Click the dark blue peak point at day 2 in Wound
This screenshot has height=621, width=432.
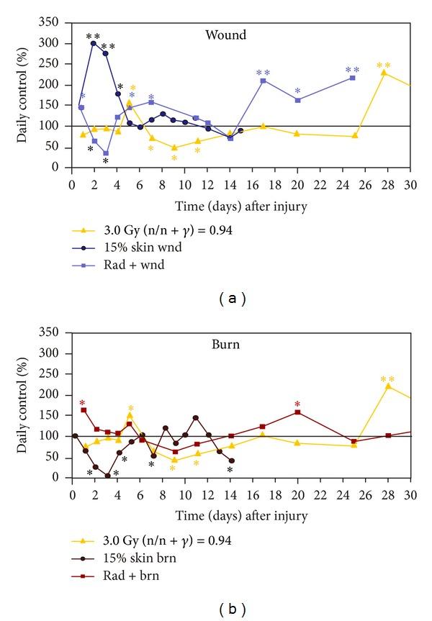pyautogui.click(x=94, y=43)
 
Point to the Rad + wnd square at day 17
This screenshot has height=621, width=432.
pyautogui.click(x=264, y=81)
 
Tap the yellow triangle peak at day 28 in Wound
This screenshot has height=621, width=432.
pyautogui.click(x=384, y=72)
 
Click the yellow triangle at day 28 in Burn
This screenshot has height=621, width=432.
pyautogui.click(x=388, y=386)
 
